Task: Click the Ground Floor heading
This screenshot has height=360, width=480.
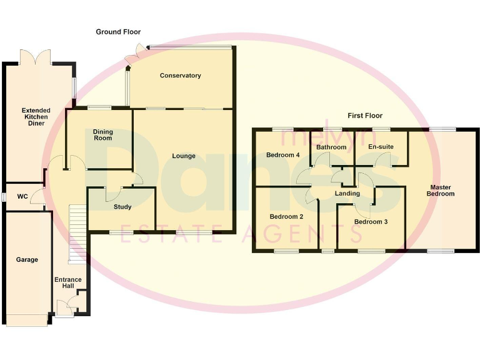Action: [118, 32]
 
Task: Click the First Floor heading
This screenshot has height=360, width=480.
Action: [365, 116]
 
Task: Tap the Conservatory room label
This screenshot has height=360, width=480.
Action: [180, 76]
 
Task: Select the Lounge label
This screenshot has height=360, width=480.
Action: [184, 156]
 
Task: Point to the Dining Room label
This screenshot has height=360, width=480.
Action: [102, 134]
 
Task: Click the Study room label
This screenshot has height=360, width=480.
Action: [122, 207]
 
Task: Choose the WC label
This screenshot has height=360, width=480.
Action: [22, 196]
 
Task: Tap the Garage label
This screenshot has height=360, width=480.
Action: [27, 259]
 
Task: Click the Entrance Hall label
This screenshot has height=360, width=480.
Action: [67, 283]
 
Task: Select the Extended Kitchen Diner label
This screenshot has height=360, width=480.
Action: [36, 117]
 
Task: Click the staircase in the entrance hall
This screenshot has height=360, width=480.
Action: [76, 233]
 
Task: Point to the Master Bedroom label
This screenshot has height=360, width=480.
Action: [440, 190]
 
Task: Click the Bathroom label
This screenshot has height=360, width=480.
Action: [331, 147]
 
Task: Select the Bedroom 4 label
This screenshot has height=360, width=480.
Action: [283, 154]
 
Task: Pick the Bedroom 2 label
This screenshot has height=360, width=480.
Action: [286, 217]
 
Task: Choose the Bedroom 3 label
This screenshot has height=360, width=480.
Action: [371, 221]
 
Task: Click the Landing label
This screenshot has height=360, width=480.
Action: [347, 194]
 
